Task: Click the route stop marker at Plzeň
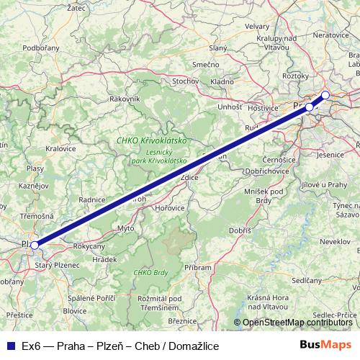click(34, 246)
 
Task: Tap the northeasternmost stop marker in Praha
click(325, 95)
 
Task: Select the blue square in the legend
click(9, 345)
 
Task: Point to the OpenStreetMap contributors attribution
click(296, 323)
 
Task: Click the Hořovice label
click(170, 207)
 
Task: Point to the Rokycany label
click(89, 246)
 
